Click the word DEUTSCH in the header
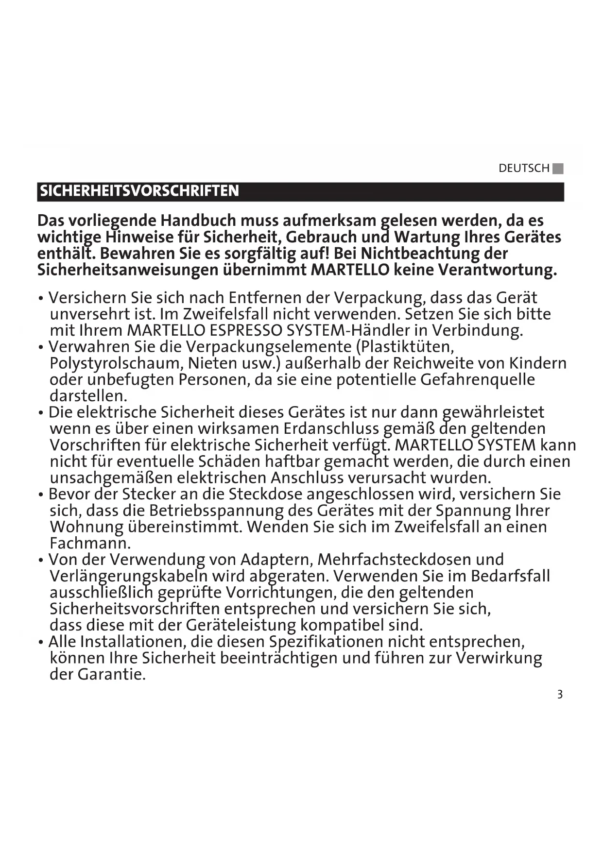[523, 169]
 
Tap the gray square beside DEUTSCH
[558, 169]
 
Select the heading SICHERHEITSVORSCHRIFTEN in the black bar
[139, 191]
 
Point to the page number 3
[560, 694]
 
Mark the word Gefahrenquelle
[478, 379]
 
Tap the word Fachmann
[90, 543]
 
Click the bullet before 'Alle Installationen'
[42, 642]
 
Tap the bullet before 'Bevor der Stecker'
[42, 495]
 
